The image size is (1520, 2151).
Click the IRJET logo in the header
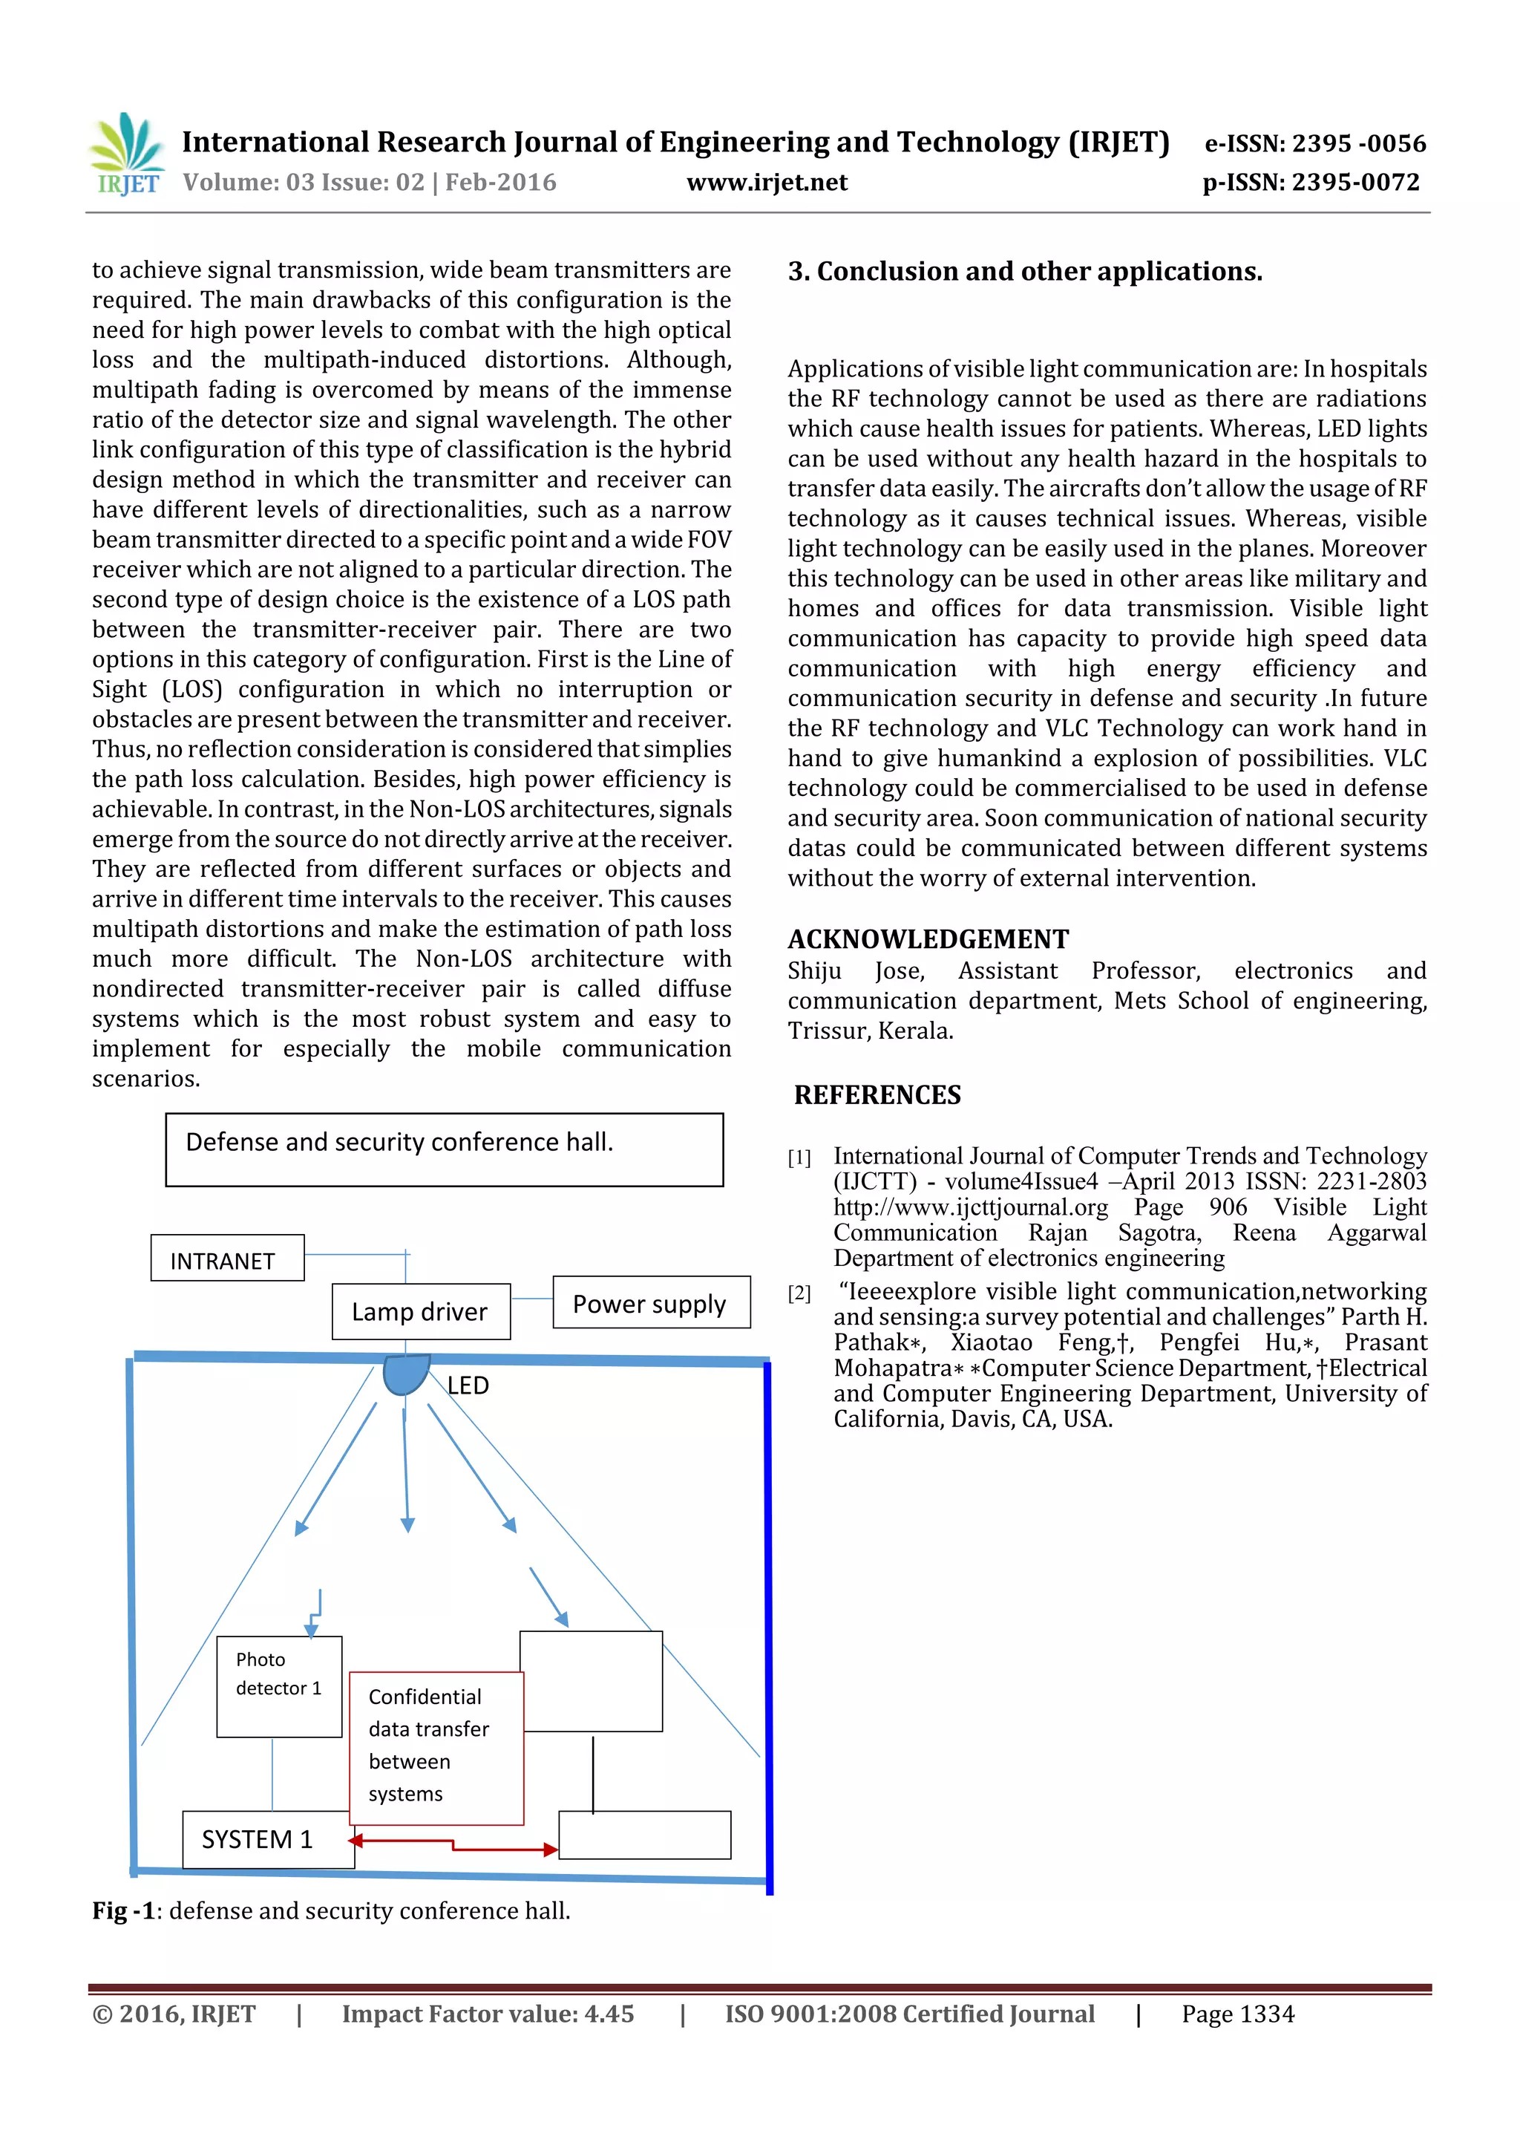coord(126,154)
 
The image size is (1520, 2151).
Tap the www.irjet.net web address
coord(766,183)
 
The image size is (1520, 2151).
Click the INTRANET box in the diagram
coord(226,1259)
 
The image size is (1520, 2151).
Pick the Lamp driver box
coord(421,1310)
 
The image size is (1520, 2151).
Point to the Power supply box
coord(651,1302)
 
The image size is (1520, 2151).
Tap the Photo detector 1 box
coord(279,1685)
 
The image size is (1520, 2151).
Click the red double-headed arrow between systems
coord(454,1844)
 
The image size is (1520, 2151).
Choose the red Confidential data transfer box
coord(436,1747)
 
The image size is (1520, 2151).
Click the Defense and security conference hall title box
coord(444,1149)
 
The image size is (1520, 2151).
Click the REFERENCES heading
coord(877,1094)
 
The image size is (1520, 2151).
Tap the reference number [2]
coord(799,1293)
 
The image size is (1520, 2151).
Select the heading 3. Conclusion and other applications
coord(1024,272)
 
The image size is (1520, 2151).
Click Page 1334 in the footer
coord(1237,2014)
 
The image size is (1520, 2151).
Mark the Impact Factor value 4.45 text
coord(487,2014)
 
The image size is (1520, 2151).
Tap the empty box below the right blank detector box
coord(644,1835)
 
